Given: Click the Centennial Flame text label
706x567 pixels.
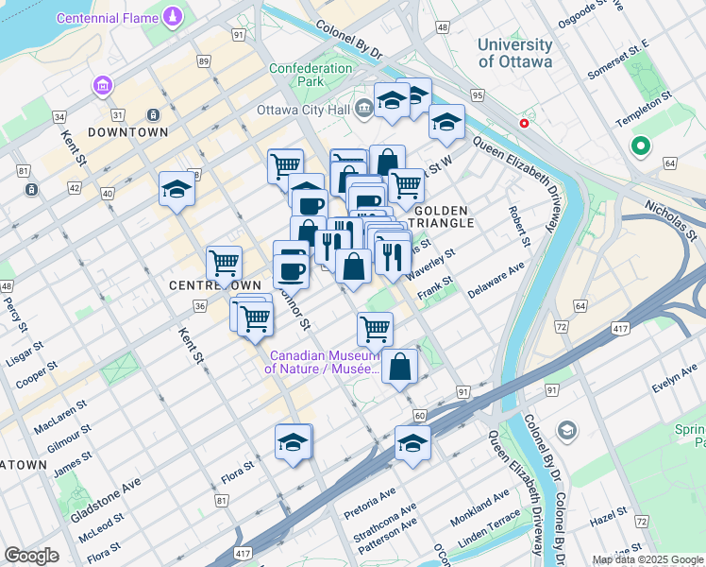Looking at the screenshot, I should coord(109,18).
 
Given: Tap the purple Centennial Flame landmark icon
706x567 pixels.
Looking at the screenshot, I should coord(174,17).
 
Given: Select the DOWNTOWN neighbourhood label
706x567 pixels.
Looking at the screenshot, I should coord(127,132).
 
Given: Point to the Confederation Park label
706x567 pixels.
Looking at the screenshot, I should coord(309,76).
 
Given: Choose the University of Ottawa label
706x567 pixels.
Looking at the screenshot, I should coord(514,53).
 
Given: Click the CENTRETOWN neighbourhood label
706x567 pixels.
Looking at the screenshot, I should coord(202,284).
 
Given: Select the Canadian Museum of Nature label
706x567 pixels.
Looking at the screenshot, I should coord(324,362).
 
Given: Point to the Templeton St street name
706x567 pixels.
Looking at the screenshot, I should coord(643,96).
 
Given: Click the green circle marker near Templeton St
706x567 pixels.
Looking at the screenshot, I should coord(640,146).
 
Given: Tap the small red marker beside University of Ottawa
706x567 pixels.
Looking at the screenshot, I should coord(523,123).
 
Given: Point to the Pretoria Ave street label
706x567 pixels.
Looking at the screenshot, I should coord(370,498).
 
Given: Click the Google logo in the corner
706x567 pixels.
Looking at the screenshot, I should coord(32,556).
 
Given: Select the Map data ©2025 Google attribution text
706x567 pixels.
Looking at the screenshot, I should coord(647,559).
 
